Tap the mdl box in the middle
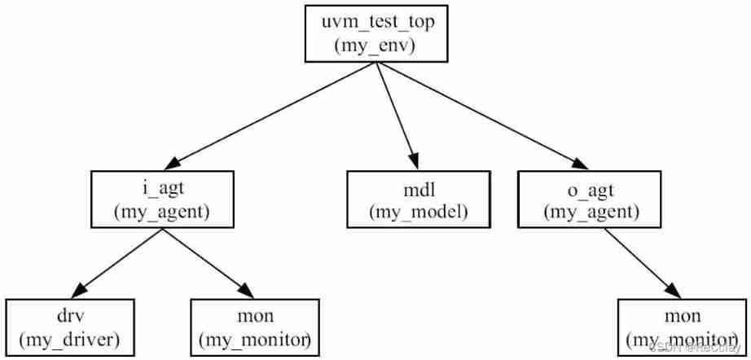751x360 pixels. tap(418, 200)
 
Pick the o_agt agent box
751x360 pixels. tap(591, 200)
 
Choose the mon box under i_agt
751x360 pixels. tap(253, 327)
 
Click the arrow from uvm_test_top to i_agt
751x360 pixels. tap(269, 114)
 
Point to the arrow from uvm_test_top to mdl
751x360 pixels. tap(397, 114)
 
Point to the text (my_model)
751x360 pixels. tap(418, 213)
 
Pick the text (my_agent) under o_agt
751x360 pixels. tap(591, 213)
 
